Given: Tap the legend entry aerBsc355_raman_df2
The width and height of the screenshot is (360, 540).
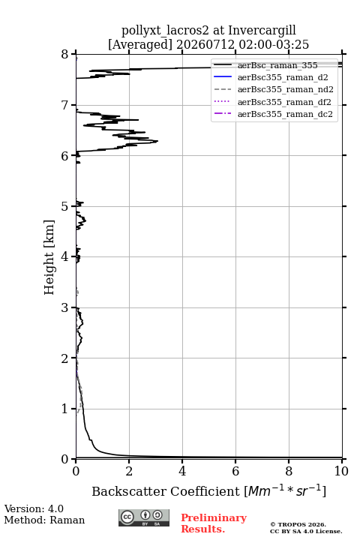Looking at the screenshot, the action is [x=272, y=102].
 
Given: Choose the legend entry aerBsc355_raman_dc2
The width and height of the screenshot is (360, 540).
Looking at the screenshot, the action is [x=273, y=114].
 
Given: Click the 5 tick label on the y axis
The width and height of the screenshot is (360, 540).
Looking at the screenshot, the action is [x=64, y=206].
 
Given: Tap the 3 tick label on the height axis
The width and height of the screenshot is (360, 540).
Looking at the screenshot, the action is [x=64, y=307].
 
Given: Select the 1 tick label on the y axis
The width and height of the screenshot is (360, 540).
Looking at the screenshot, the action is [x=64, y=409].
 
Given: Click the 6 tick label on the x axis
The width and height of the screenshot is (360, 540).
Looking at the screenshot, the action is [x=235, y=471].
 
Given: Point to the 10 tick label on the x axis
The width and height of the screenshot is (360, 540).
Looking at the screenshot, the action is [x=342, y=471].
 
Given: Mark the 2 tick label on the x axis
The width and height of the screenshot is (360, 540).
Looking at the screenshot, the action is [x=129, y=471].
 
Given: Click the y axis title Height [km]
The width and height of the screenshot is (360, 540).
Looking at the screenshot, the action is [x=49, y=257].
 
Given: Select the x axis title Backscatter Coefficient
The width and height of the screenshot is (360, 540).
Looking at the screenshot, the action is [x=166, y=491].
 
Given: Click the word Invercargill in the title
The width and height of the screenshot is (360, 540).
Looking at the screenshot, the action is [x=262, y=31].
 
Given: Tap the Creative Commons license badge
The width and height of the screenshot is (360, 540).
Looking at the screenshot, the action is [x=144, y=517].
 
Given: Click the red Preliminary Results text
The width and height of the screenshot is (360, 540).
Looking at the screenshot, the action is [x=214, y=523].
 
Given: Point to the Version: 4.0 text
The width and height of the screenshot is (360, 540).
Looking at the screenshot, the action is [x=34, y=508].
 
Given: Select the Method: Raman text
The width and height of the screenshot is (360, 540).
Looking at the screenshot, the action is [x=44, y=520].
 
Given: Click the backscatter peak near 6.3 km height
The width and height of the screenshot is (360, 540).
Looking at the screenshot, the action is [x=157, y=141].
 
